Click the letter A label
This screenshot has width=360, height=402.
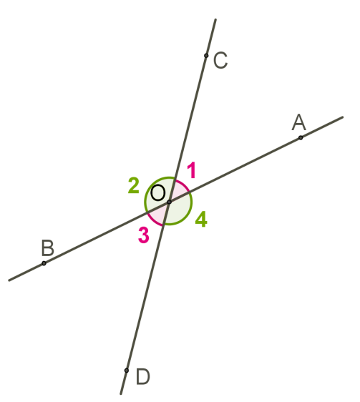click(x=299, y=122)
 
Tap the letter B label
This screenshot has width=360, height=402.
click(x=48, y=248)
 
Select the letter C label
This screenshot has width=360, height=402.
click(x=220, y=61)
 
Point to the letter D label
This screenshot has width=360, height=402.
click(x=142, y=377)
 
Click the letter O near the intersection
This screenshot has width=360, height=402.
click(x=157, y=193)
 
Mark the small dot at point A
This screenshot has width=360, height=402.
click(x=301, y=137)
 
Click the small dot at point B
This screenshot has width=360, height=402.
click(x=44, y=263)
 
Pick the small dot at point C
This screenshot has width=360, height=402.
click(x=206, y=56)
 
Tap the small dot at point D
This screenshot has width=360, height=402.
click(x=126, y=371)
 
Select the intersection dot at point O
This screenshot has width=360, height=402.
click(x=169, y=202)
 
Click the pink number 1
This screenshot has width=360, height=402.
click(x=192, y=170)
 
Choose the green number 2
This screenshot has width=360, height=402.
click(x=133, y=185)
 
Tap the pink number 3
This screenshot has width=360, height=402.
click(x=144, y=235)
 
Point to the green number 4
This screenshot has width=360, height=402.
click(x=201, y=219)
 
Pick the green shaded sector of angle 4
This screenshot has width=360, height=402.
click(x=179, y=211)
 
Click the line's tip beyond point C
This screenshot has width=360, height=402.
click(x=215, y=19)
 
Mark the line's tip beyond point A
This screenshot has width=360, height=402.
click(x=343, y=117)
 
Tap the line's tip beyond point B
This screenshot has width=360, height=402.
click(x=9, y=280)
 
